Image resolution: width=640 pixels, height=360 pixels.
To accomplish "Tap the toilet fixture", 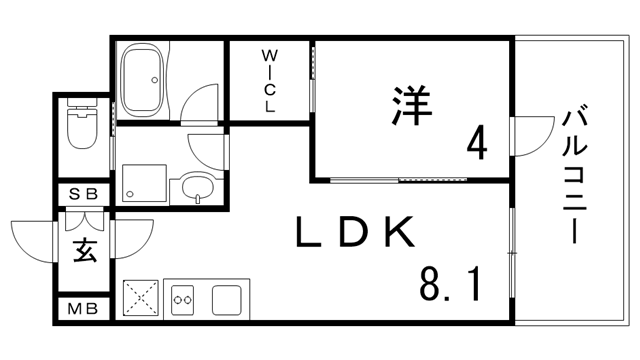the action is (x=79, y=127).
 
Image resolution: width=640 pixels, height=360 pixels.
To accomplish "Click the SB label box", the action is (x=83, y=194).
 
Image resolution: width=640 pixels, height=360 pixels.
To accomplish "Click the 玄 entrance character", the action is (x=84, y=250).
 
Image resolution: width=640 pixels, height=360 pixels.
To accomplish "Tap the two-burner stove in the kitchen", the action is (x=182, y=299).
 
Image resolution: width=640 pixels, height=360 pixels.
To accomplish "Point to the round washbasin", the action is (x=196, y=186).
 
